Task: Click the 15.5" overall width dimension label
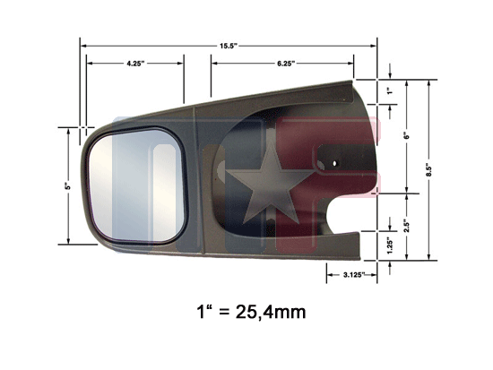click(228, 46)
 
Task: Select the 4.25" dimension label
click(135, 64)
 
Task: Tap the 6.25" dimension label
click(286, 64)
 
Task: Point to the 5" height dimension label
click(68, 186)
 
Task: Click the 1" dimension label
click(390, 91)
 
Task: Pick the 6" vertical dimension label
click(407, 136)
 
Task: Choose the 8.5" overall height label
click(429, 171)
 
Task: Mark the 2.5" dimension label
click(407, 226)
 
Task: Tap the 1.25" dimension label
click(390, 245)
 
